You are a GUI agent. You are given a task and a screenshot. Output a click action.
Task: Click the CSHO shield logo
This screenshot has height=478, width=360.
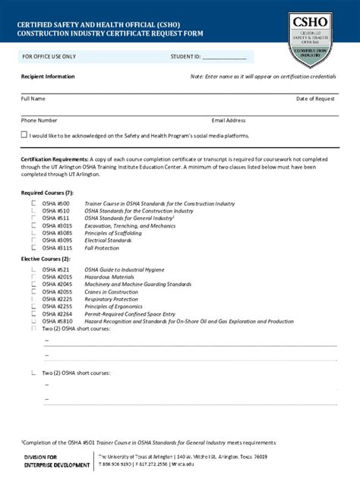coord(314,39)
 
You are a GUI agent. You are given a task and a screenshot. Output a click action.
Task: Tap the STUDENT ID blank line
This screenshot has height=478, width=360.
coord(224,58)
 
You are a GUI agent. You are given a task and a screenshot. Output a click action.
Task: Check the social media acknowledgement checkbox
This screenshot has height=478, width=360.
coord(24,134)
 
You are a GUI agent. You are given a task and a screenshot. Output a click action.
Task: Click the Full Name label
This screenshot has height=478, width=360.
coord(33,99)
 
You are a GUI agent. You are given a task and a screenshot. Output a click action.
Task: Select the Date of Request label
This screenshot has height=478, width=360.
coord(315,99)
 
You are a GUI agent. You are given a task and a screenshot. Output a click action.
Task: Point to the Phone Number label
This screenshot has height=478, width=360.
coord(39,120)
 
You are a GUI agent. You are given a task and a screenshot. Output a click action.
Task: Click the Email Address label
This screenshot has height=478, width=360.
coord(229,120)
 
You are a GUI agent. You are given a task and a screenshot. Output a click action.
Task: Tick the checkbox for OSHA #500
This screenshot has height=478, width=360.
coord(33,203)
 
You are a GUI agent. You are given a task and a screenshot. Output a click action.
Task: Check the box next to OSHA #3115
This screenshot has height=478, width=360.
coord(33,247)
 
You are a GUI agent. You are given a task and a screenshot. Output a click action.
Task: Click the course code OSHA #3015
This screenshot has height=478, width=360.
coord(57,225)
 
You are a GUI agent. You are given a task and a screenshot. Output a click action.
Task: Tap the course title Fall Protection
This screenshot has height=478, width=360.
coord(102,247)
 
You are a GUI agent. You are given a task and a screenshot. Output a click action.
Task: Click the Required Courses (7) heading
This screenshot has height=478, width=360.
coord(47,193)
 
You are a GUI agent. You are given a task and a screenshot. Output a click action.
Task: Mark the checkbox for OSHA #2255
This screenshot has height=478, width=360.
coord(33,306)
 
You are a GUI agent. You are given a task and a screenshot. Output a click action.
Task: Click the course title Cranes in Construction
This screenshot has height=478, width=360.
coord(111,291)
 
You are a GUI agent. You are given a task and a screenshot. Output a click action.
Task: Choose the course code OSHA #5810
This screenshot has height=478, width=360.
coord(57,321)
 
